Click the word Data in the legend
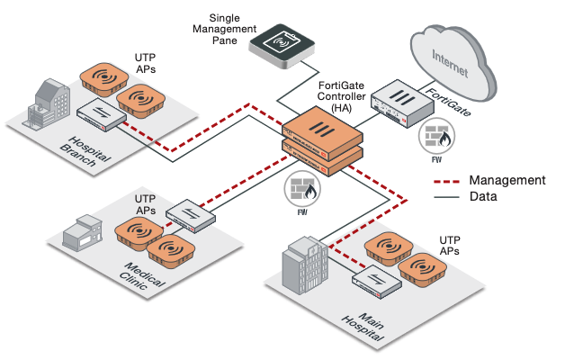[484, 195]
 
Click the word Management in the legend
[507, 179]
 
